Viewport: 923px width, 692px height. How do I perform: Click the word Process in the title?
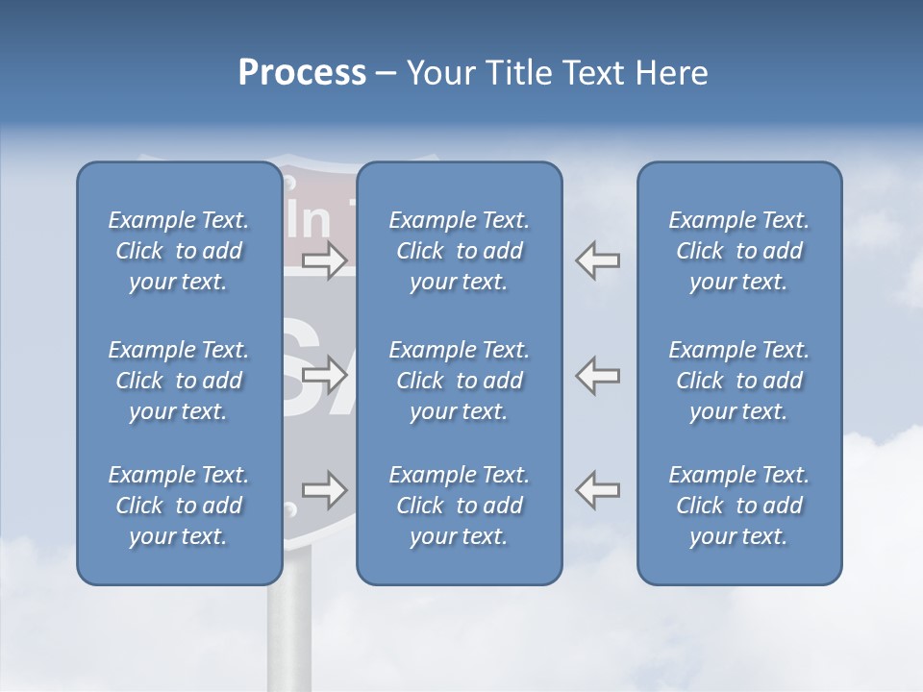pyautogui.click(x=302, y=73)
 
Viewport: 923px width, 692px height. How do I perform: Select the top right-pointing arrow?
pyautogui.click(x=325, y=260)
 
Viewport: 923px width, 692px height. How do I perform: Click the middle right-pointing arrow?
pyautogui.click(x=325, y=375)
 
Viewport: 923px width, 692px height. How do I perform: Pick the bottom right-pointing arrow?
pyautogui.click(x=325, y=490)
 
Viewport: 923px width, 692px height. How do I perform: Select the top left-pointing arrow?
pyautogui.click(x=598, y=260)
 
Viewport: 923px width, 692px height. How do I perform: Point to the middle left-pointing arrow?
pyautogui.click(x=598, y=375)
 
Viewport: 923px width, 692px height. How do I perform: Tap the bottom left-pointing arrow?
pyautogui.click(x=598, y=490)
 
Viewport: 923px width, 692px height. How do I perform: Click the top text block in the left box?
pyautogui.click(x=179, y=251)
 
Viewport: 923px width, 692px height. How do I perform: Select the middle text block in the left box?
pyautogui.click(x=179, y=381)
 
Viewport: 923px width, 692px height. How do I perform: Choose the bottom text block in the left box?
pyautogui.click(x=179, y=506)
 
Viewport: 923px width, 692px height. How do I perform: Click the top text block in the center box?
pyautogui.click(x=460, y=251)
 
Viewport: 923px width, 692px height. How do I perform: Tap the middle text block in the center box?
pyautogui.click(x=460, y=381)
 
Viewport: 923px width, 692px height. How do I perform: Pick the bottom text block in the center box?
pyautogui.click(x=460, y=506)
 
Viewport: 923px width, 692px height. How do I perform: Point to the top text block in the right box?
pyautogui.click(x=739, y=251)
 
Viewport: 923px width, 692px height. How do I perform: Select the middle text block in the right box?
pyautogui.click(x=739, y=381)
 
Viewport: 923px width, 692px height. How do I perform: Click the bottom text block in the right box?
pyautogui.click(x=739, y=506)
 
